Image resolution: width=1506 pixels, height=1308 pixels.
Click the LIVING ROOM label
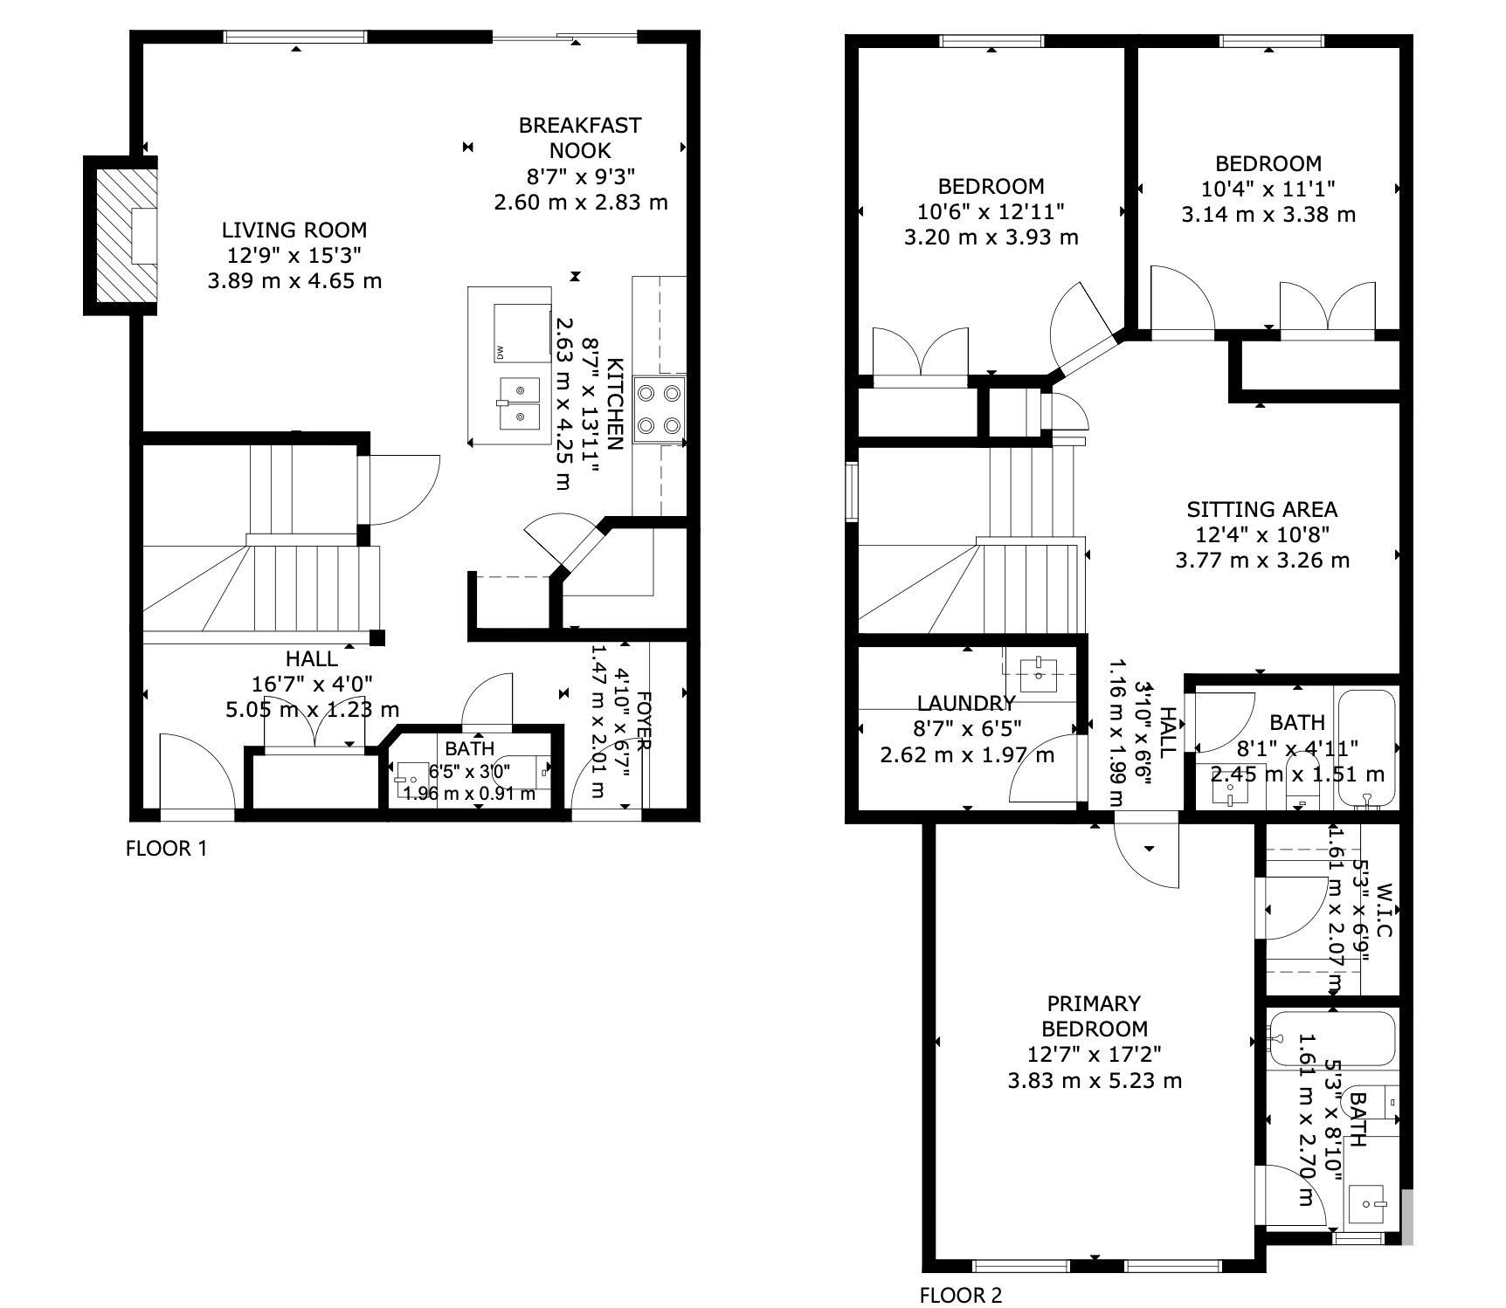(294, 231)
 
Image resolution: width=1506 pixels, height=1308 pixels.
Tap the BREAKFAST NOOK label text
(580, 138)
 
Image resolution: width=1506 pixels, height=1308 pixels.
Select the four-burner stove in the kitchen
(660, 410)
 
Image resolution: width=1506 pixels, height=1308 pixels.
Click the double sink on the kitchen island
(520, 403)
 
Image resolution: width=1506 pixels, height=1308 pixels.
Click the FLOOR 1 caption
(167, 848)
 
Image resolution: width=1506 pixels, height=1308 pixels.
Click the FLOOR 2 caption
(961, 1295)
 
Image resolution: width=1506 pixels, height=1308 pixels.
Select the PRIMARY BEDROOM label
(1095, 1016)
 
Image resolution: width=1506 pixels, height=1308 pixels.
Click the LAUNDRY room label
(966, 703)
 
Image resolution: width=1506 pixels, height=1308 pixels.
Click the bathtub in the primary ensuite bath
(1331, 1039)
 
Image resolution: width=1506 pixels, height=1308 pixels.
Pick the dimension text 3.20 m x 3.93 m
(991, 238)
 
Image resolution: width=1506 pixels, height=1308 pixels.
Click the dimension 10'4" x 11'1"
(1268, 189)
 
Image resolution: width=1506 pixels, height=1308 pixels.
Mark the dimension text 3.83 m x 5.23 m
(1095, 1081)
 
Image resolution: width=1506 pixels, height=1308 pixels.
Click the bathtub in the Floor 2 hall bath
(1367, 747)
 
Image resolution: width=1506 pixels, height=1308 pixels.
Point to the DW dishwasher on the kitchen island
(522, 333)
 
